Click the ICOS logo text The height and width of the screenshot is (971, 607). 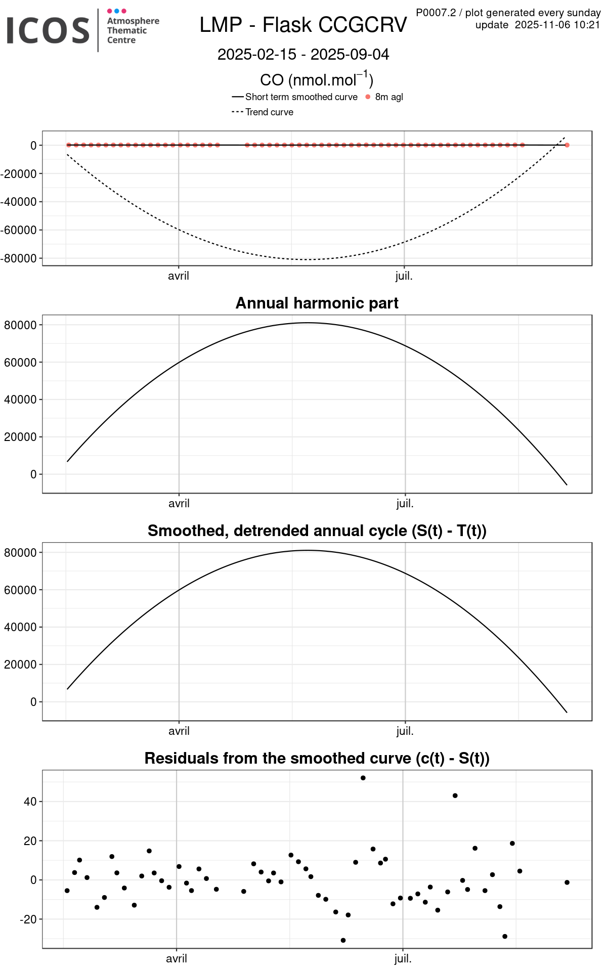48,30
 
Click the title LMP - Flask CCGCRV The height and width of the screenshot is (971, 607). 303,25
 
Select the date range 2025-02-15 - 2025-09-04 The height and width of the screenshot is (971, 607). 303,55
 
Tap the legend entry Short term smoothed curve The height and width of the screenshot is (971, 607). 301,97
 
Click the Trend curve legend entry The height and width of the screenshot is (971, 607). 269,112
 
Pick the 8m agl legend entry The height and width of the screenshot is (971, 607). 388,97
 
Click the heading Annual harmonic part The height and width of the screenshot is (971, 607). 317,303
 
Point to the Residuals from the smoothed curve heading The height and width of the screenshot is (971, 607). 317,758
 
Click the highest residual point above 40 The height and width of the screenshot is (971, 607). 363,778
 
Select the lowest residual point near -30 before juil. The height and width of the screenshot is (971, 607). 343,940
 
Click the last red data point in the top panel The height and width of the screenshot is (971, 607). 567,145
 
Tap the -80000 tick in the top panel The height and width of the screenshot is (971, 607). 19,258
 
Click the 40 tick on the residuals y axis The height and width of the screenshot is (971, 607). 30,802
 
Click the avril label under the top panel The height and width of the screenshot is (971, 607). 179,276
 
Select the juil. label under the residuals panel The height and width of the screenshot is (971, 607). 403,958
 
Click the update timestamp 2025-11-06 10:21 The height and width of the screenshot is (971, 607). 557,25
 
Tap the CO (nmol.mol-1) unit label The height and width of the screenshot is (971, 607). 317,80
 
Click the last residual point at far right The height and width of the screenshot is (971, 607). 567,882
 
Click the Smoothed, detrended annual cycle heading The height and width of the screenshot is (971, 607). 317,531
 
